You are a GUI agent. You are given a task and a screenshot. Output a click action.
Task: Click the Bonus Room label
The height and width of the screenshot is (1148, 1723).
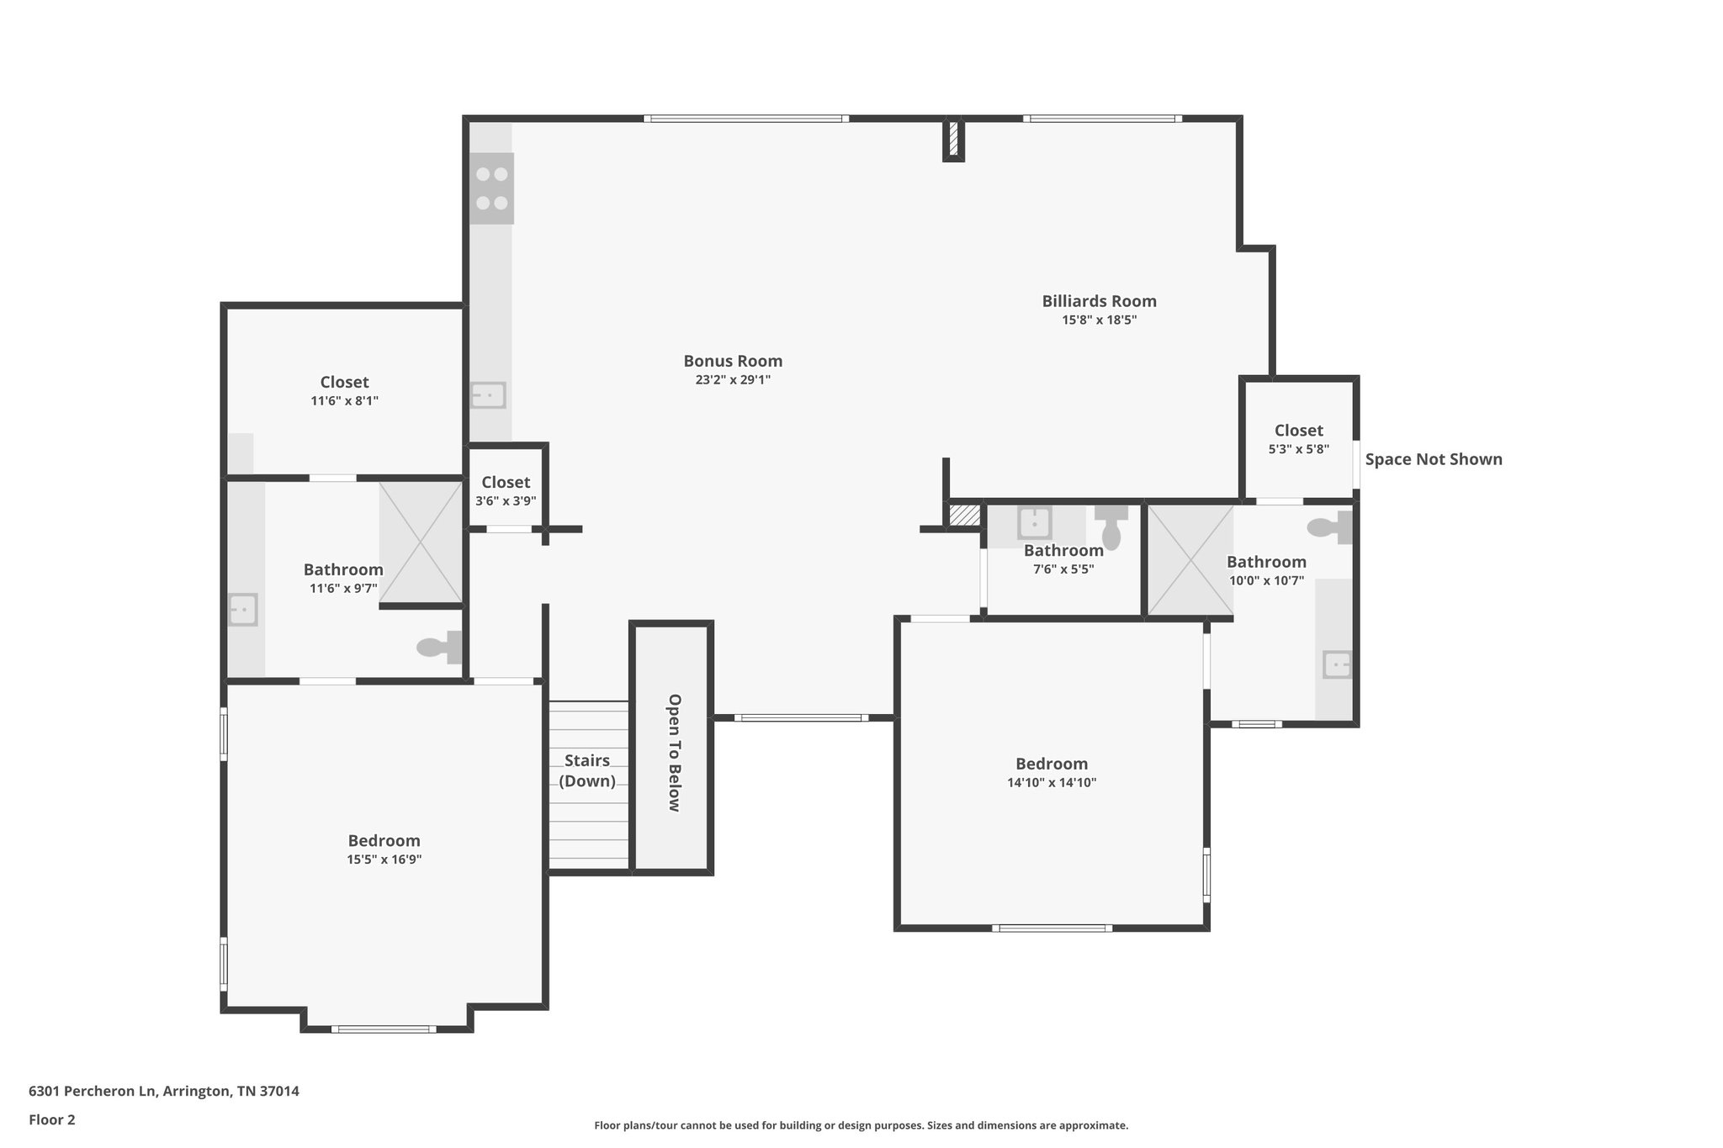pyautogui.click(x=732, y=361)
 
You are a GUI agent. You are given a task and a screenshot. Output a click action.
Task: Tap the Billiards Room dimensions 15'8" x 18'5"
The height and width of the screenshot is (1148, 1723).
pyautogui.click(x=1099, y=320)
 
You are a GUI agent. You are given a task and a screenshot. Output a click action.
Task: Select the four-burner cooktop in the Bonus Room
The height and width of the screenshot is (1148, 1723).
pyautogui.click(x=491, y=188)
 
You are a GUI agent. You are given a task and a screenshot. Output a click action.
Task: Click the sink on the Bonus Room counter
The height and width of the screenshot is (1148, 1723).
pyautogui.click(x=487, y=394)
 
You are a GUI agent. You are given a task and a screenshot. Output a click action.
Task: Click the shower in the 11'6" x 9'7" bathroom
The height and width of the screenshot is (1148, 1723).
pyautogui.click(x=421, y=542)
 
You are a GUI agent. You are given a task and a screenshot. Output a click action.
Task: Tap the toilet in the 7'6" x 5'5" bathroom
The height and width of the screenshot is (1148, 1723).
pyautogui.click(x=1111, y=526)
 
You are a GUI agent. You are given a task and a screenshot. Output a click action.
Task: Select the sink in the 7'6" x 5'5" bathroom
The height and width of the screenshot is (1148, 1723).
pyautogui.click(x=1034, y=522)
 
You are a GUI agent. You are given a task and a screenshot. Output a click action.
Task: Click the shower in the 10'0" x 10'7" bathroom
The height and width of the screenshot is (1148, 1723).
pyautogui.click(x=1190, y=558)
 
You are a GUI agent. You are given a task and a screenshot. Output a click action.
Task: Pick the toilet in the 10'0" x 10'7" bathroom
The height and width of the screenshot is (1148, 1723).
pyautogui.click(x=1330, y=527)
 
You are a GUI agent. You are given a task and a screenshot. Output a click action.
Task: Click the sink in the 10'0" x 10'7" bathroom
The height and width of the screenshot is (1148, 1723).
pyautogui.click(x=1336, y=664)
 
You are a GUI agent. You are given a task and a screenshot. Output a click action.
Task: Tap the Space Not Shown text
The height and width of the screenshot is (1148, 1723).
pyautogui.click(x=1433, y=459)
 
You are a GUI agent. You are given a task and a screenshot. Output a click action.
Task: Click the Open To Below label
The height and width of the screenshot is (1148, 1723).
pyautogui.click(x=673, y=752)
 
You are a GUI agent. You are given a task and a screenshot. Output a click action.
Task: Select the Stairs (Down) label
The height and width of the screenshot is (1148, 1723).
pyautogui.click(x=587, y=770)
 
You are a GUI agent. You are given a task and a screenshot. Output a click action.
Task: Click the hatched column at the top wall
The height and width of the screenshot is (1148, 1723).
pyautogui.click(x=953, y=140)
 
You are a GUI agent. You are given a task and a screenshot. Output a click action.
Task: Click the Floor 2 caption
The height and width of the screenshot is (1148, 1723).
pyautogui.click(x=52, y=1119)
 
